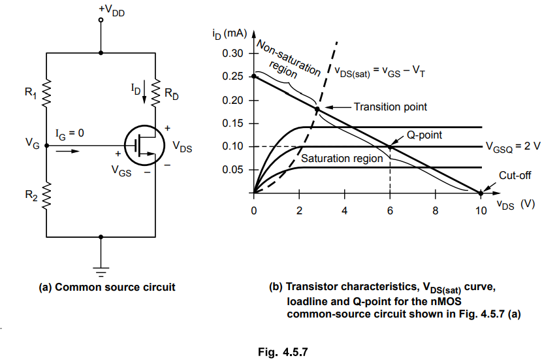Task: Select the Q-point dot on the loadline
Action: pyautogui.click(x=390, y=147)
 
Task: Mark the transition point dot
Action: pyautogui.click(x=317, y=109)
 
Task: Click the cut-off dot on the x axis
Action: pyautogui.click(x=481, y=193)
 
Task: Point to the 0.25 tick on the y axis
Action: pyautogui.click(x=233, y=76)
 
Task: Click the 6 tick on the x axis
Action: pyautogui.click(x=390, y=211)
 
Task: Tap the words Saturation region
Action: pyautogui.click(x=342, y=159)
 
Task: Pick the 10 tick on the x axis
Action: pyautogui.click(x=481, y=211)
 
